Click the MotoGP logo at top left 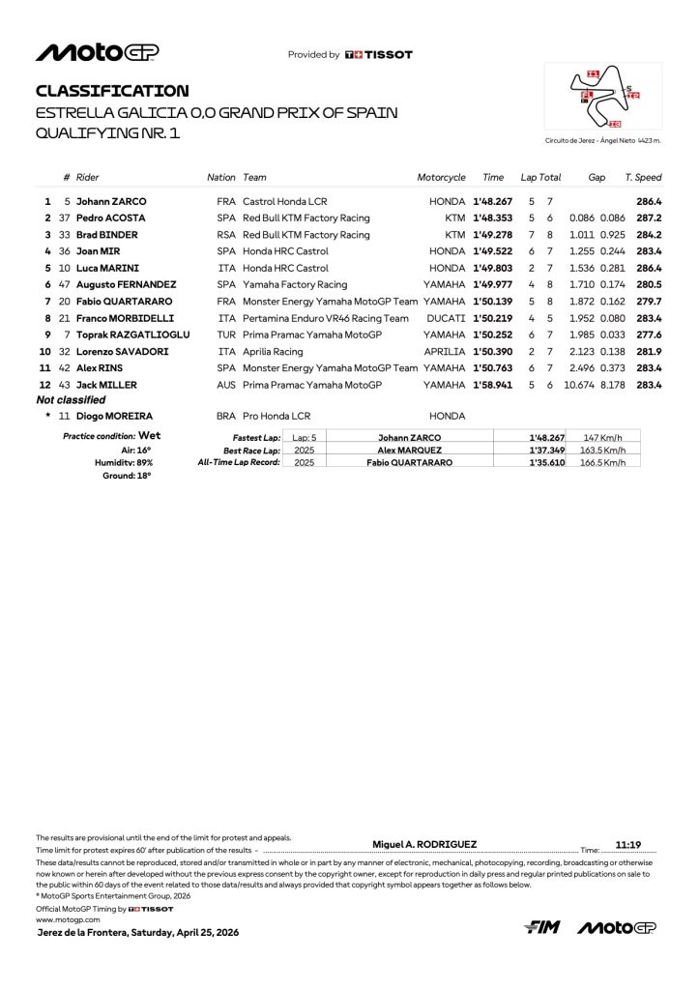coord(98,53)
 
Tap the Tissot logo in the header coord(379,55)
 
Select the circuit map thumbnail coord(603,98)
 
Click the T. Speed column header coord(643,178)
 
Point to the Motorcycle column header coord(441,178)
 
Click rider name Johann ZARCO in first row coord(111,201)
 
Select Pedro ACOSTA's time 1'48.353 coord(493,218)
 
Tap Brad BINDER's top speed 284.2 coord(649,235)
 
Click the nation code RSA coord(226,235)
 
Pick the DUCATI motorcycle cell coord(446,317)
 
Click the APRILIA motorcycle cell coord(446,351)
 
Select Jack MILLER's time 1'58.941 coord(493,385)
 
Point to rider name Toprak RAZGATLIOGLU coord(133,335)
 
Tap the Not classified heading coord(70,399)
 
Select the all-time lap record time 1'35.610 coord(547,462)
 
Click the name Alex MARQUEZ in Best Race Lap coord(411,450)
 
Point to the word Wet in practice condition coord(149,436)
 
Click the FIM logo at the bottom coord(543,927)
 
